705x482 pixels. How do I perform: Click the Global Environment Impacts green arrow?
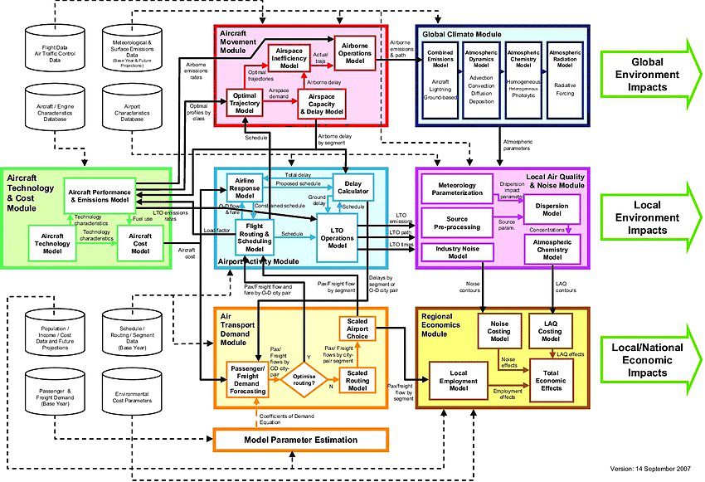click(652, 70)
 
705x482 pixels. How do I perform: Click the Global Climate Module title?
click(461, 34)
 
